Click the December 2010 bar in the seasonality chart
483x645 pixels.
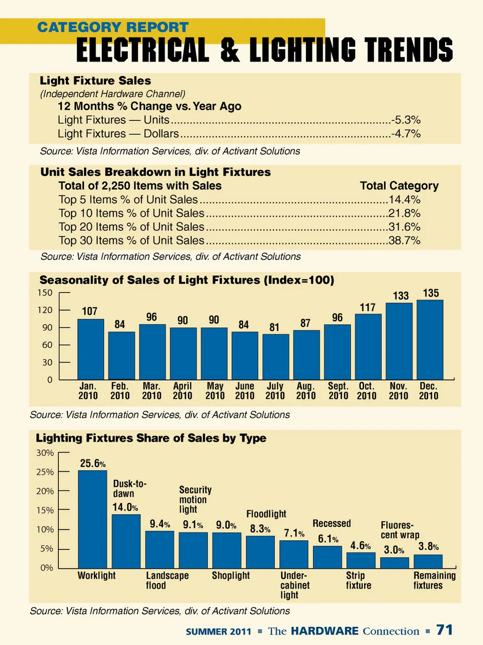(430, 340)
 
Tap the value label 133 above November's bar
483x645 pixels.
(400, 296)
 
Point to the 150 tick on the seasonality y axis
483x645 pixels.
(45, 293)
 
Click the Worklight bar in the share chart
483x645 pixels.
(93, 519)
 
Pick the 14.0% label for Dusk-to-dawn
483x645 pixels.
(125, 507)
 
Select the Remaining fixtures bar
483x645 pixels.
(428, 561)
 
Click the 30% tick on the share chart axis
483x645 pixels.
(45, 453)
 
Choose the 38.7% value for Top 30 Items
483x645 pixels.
(405, 241)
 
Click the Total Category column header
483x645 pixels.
(399, 186)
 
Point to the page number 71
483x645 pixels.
(445, 630)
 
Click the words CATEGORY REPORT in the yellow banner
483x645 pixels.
(113, 27)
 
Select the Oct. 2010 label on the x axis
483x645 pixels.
(367, 391)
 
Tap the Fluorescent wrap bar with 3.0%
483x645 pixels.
(394, 562)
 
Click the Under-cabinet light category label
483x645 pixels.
(295, 585)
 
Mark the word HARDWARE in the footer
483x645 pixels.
(325, 631)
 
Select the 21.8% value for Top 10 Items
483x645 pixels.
(405, 213)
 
